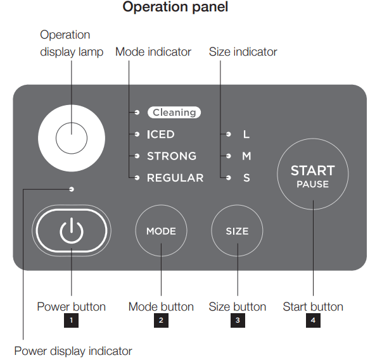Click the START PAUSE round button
pyautogui.click(x=312, y=176)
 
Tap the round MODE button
pyautogui.click(x=161, y=231)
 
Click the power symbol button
pyautogui.click(x=71, y=231)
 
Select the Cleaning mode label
pyautogui.click(x=174, y=113)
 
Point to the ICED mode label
pyautogui.click(x=160, y=135)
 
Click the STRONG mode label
pyautogui.click(x=171, y=156)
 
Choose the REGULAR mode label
pyautogui.click(x=175, y=178)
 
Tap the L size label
pyautogui.click(x=246, y=135)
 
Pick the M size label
pyautogui.click(x=246, y=156)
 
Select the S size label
pyautogui.click(x=246, y=178)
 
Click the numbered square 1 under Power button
pyautogui.click(x=72, y=321)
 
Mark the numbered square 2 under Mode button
pyautogui.click(x=161, y=321)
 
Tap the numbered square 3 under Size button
pyautogui.click(x=238, y=321)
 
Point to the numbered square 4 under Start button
pyautogui.click(x=313, y=321)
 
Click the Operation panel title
pyautogui.click(x=175, y=8)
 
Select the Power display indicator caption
pyautogui.click(x=73, y=351)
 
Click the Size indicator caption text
pyautogui.click(x=243, y=52)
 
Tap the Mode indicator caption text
pyautogui.click(x=153, y=52)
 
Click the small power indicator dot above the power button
pyautogui.click(x=72, y=189)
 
